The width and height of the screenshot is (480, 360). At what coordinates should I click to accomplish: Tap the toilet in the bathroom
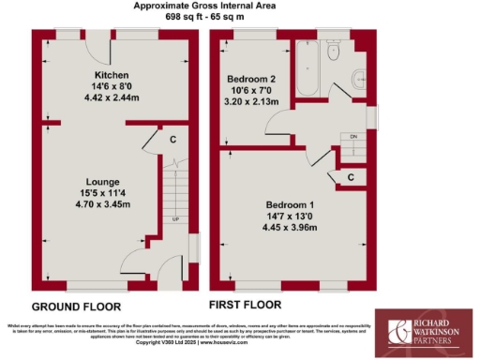click(x=334, y=53)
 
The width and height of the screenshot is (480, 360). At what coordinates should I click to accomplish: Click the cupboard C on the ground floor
click(x=173, y=140)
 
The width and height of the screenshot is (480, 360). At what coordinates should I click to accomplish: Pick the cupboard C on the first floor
click(x=350, y=176)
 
